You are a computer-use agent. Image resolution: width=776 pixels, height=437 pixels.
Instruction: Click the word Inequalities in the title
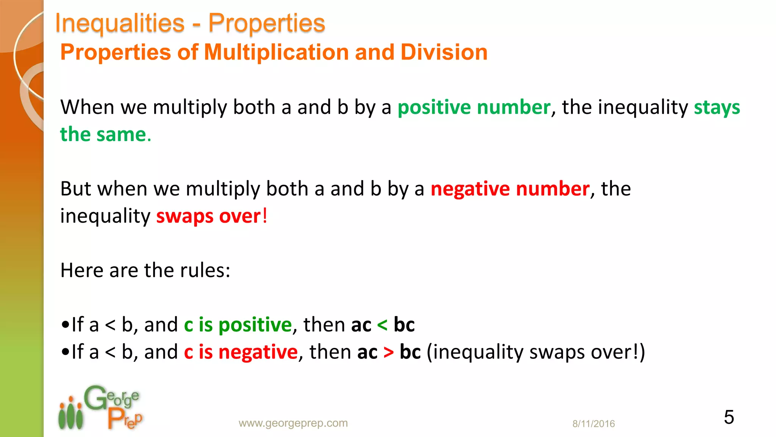tap(120, 23)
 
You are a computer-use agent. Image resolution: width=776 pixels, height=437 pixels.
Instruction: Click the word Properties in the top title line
tap(267, 23)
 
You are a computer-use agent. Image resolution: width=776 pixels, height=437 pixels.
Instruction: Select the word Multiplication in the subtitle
tap(276, 52)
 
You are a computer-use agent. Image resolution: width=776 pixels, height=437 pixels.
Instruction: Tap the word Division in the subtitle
tap(444, 52)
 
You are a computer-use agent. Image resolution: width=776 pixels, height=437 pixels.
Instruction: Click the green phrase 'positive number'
tap(474, 107)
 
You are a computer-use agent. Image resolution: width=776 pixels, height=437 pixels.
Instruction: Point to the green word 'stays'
tap(717, 107)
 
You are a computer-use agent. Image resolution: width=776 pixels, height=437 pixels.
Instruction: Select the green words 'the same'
tap(103, 135)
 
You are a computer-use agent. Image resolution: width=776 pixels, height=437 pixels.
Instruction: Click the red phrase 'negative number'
tap(510, 189)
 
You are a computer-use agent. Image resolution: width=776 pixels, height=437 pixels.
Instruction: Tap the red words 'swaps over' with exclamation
tap(211, 216)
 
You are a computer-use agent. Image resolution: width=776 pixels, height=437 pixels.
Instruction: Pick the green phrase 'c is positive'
tap(238, 325)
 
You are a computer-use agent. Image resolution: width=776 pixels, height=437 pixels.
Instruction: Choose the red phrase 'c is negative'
tap(241, 352)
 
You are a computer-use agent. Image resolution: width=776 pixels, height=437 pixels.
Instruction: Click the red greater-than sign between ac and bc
tap(388, 352)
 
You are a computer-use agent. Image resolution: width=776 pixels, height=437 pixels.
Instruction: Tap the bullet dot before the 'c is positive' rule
tap(65, 325)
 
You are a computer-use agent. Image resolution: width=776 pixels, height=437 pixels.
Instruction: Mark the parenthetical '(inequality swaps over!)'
tap(536, 352)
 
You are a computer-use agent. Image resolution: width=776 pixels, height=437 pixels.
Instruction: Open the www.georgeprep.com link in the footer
tap(293, 423)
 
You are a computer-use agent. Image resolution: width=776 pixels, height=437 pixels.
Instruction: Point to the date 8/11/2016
tap(593, 424)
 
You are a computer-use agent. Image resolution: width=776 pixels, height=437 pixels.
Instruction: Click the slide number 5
tap(729, 417)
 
